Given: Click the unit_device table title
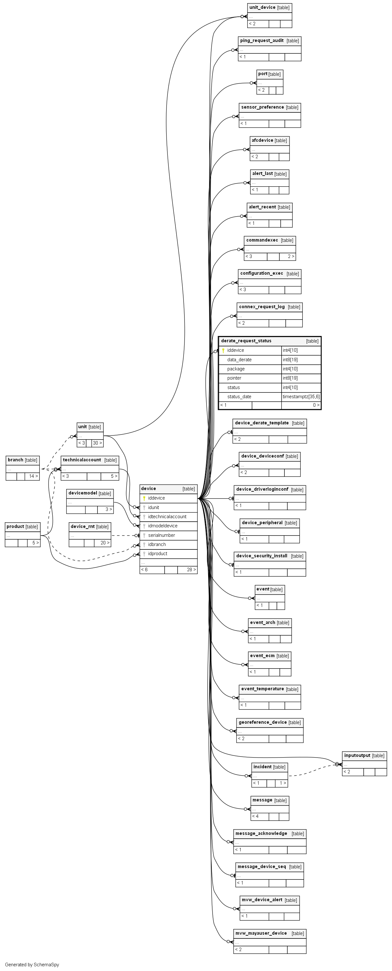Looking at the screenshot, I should click(262, 8).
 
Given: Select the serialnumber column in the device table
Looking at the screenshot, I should click(161, 535).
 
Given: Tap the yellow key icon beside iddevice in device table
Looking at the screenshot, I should click(144, 498).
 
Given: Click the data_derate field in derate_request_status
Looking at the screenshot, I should click(239, 360).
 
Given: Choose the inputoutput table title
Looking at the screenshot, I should click(357, 755).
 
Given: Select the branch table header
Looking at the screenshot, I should click(15, 460).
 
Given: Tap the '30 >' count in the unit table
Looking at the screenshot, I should click(97, 443).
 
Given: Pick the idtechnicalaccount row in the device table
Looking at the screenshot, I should click(167, 517).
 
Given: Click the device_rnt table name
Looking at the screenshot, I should click(84, 527).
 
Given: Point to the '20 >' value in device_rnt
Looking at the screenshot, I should click(105, 543).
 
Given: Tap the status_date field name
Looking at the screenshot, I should click(239, 397).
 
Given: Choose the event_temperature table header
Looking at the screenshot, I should click(262, 689).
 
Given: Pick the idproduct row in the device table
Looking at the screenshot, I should click(157, 554).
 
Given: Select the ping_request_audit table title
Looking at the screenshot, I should click(262, 41).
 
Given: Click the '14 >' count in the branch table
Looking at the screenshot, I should click(33, 476).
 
